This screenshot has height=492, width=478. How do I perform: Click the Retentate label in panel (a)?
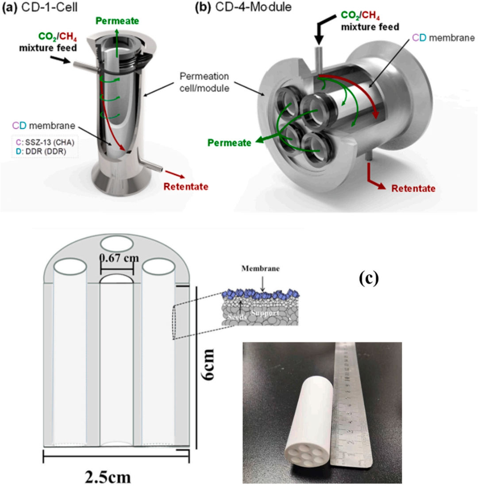coord(185,186)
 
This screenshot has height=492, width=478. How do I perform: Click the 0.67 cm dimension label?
coord(117,258)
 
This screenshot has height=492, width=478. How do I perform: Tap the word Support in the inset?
coord(266,313)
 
